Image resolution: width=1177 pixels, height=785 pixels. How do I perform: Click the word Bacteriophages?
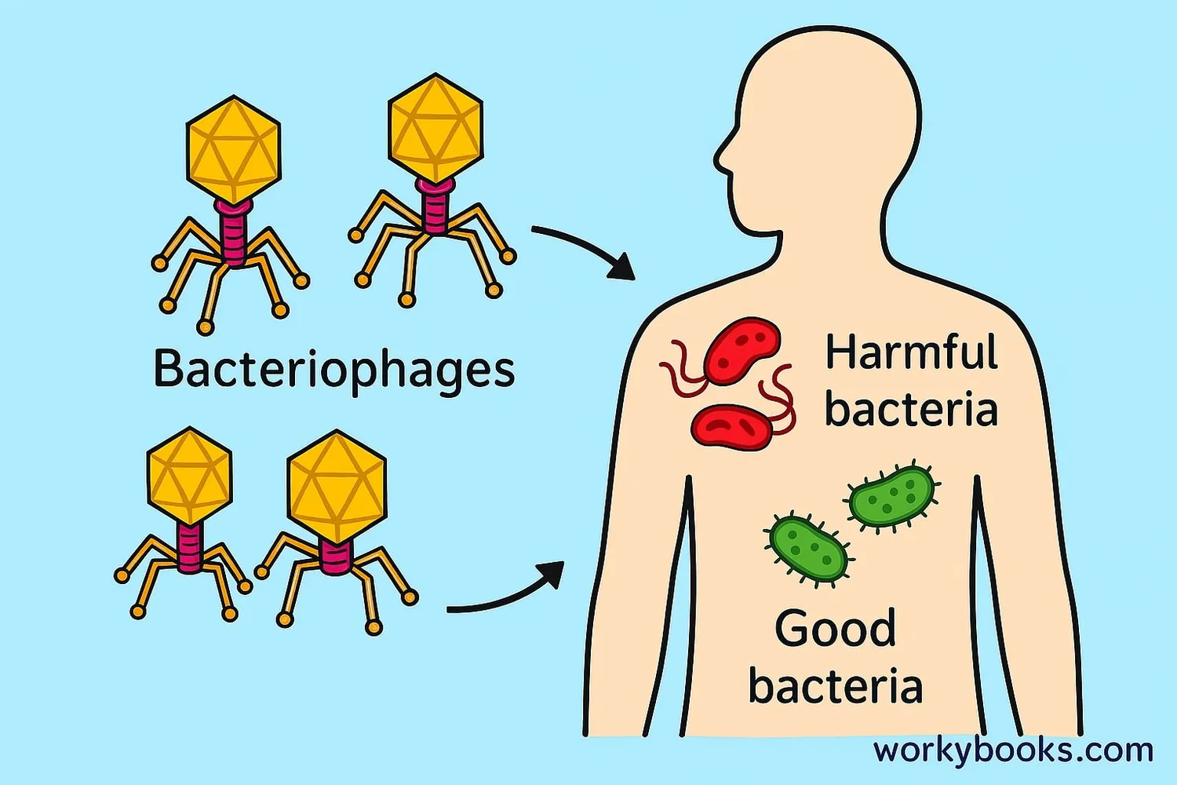click(x=333, y=369)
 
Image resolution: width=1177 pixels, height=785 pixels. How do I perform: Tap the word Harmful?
click(x=911, y=352)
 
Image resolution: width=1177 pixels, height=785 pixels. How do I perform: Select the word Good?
click(x=835, y=629)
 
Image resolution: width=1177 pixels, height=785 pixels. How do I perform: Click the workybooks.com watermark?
click(x=1013, y=750)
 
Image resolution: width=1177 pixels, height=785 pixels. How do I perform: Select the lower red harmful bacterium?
click(x=731, y=427)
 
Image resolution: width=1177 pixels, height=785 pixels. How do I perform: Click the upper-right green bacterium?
click(x=891, y=497)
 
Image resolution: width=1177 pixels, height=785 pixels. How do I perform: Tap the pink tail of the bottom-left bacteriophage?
click(x=189, y=546)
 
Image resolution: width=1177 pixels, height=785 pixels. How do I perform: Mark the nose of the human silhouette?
click(x=717, y=161)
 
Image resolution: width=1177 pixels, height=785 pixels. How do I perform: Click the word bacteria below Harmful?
click(x=910, y=410)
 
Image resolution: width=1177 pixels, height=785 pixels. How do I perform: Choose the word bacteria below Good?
click(x=835, y=686)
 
